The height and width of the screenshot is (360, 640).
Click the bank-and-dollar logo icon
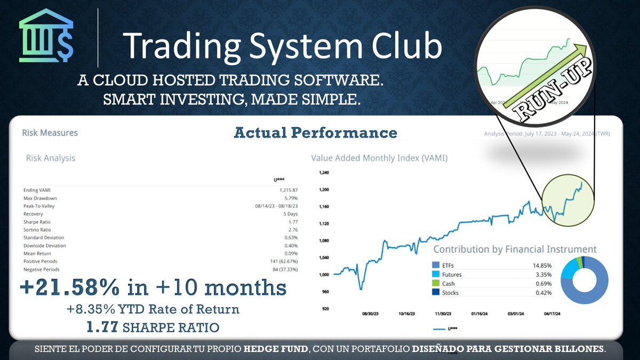point(46,35)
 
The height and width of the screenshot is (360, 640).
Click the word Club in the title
point(405,46)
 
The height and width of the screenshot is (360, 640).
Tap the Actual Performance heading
point(315,133)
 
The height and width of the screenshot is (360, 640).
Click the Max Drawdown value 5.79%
point(290,198)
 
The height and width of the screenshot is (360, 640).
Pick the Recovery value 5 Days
point(290,214)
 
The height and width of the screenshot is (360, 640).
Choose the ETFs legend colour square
point(435,265)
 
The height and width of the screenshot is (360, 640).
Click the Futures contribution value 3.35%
point(542,275)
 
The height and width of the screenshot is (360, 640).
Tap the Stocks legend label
point(451,293)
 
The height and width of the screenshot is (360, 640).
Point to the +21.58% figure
point(70,288)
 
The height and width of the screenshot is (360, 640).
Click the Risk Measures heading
point(50,133)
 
